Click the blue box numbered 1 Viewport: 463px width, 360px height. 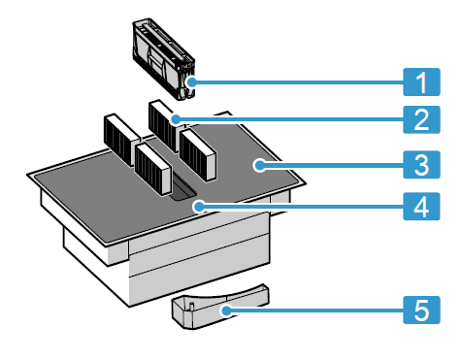[x=421, y=82]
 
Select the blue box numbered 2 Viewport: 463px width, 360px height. [x=421, y=119]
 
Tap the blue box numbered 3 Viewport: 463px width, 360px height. [x=421, y=164]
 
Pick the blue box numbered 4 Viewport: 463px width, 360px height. [x=421, y=207]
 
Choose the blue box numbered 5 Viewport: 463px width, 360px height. [x=421, y=310]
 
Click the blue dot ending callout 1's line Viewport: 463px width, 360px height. [x=192, y=82]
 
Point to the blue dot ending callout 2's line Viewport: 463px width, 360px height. [x=176, y=119]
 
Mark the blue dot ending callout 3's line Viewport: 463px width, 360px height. [x=259, y=165]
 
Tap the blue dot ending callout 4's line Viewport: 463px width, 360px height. [x=199, y=206]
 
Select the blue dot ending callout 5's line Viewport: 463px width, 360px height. [x=226, y=311]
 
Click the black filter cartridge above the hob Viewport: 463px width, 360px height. [x=163, y=58]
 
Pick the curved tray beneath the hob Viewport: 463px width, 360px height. [x=220, y=306]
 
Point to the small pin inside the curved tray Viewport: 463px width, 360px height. [x=191, y=306]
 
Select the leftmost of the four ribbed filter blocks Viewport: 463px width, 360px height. [x=122, y=140]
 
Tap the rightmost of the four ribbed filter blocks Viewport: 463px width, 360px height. [x=197, y=154]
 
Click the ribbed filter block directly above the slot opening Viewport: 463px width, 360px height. [x=152, y=169]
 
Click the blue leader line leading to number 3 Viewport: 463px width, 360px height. [x=333, y=165]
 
